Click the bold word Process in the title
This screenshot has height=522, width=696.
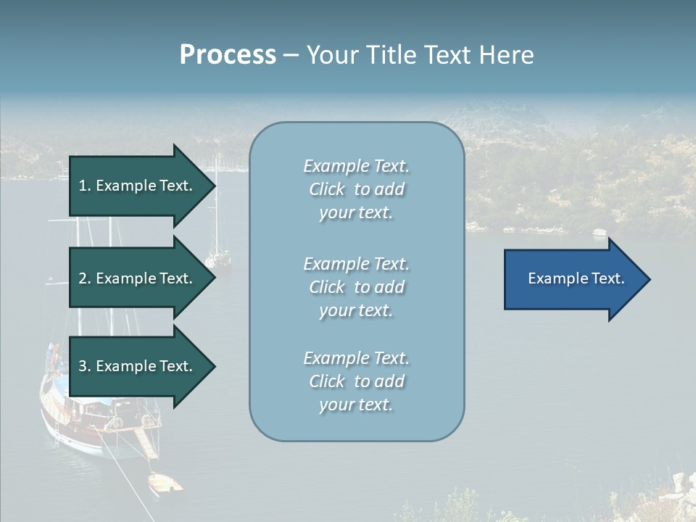228,55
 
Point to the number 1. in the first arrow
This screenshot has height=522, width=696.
85,186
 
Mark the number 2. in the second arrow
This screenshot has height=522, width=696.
85,279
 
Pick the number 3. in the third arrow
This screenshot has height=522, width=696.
85,367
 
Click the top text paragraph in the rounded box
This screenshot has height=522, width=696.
356,189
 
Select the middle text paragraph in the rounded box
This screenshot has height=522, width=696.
356,287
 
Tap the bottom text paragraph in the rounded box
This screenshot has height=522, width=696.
356,381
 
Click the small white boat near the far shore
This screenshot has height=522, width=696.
599,232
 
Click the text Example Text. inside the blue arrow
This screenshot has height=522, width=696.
576,279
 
